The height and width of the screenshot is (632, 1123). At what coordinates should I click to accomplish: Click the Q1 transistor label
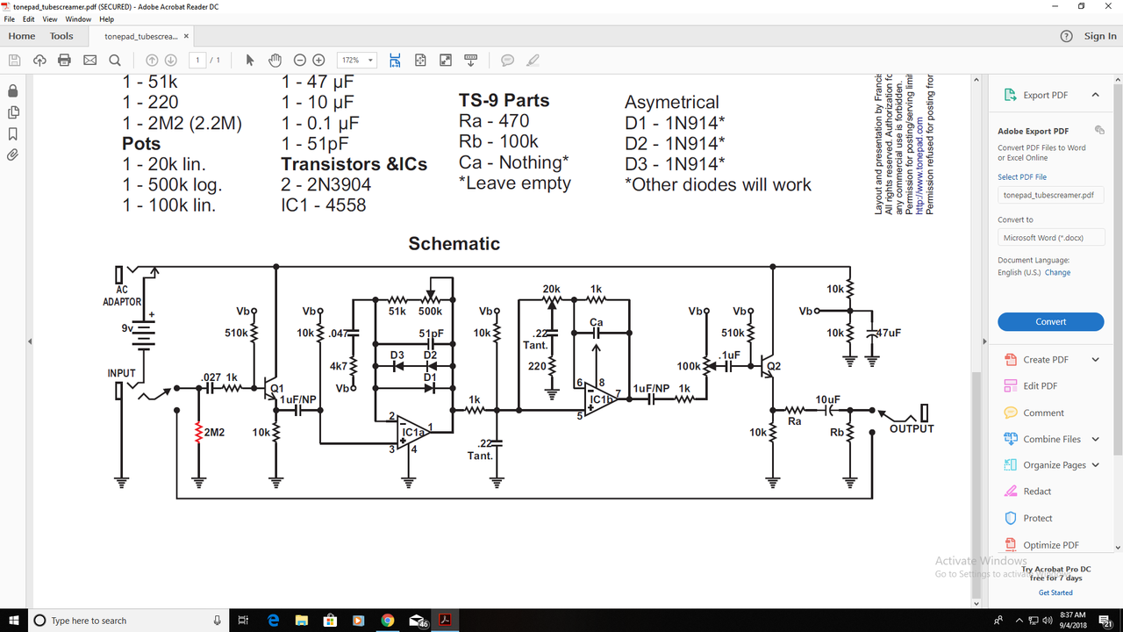coord(277,388)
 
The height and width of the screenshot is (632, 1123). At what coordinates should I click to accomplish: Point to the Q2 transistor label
coord(772,366)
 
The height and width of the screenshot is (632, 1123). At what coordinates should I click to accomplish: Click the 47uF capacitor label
coord(890,333)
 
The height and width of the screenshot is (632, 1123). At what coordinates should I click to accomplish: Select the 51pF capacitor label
coord(431,334)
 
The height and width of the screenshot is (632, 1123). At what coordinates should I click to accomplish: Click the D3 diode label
coord(397,355)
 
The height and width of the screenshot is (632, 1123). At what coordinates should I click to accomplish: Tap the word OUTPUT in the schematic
coord(912,428)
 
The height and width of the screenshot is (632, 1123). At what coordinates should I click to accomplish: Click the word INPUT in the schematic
coord(121,373)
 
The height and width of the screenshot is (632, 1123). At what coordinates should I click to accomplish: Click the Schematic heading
coord(454,243)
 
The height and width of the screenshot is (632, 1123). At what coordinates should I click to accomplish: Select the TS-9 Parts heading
coord(504,100)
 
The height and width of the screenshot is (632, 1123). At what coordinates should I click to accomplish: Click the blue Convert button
coord(1050,321)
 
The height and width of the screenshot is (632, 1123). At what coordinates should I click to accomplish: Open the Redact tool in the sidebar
coord(1036,492)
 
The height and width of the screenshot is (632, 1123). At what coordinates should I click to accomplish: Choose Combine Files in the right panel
coord(1051,439)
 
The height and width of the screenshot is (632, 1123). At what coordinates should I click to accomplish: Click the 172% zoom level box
coord(357,61)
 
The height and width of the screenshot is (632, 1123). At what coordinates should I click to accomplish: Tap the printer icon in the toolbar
coord(64,61)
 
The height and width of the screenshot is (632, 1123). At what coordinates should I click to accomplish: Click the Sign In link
coord(1100,36)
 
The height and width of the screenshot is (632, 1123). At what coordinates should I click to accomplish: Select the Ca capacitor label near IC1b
coord(596,322)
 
